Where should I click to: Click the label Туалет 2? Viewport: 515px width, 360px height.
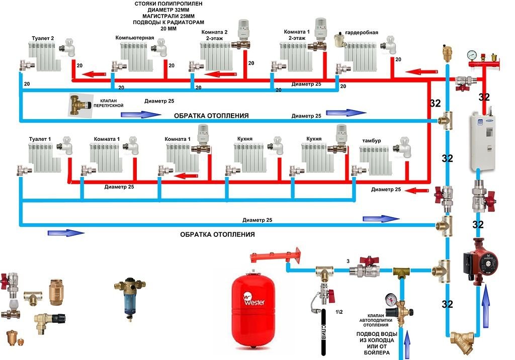(x=43, y=38)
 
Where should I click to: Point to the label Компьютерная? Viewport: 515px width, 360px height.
(x=135, y=38)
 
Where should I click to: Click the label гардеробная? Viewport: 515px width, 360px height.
(x=362, y=33)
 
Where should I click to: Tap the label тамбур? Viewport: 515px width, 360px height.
(x=372, y=141)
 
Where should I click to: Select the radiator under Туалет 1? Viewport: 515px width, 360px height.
(x=44, y=158)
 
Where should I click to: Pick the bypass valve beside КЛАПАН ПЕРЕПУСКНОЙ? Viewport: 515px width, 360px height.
(x=78, y=105)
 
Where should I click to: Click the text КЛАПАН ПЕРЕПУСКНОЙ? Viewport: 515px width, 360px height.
(x=109, y=103)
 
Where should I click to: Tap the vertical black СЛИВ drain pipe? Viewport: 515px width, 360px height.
(x=323, y=332)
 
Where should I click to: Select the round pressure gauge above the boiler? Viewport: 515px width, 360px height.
(x=472, y=55)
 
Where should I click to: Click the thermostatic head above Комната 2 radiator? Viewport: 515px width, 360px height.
(x=243, y=28)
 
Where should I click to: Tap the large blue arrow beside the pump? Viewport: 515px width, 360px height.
(x=486, y=306)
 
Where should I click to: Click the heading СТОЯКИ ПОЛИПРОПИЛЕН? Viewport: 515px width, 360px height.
(x=168, y=4)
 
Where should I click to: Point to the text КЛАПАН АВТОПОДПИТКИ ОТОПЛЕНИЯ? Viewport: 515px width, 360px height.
(x=376, y=320)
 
